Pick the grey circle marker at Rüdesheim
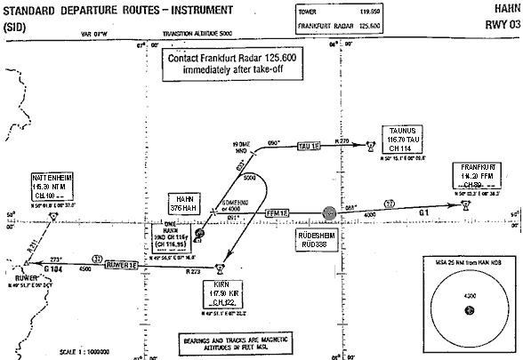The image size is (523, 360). (x=330, y=213)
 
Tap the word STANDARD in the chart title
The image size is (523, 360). (x=29, y=9)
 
